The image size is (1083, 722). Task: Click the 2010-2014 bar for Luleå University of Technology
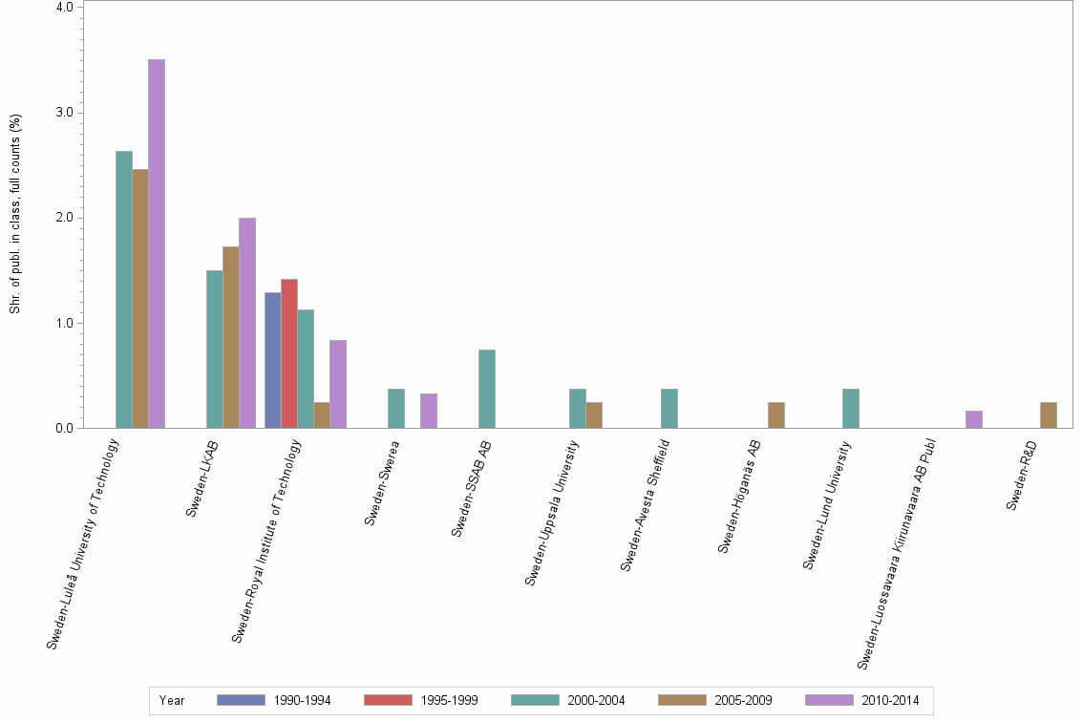pyautogui.click(x=156, y=244)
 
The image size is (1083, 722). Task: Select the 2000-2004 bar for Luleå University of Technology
pyautogui.click(x=124, y=289)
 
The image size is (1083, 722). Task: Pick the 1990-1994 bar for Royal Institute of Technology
pyautogui.click(x=273, y=360)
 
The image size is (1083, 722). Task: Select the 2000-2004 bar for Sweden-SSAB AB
pyautogui.click(x=487, y=389)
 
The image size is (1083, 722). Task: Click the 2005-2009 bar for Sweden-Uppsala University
pyautogui.click(x=594, y=415)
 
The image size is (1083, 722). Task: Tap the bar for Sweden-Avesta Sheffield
pyautogui.click(x=669, y=409)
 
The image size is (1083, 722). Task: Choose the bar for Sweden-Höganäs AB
pyautogui.click(x=776, y=415)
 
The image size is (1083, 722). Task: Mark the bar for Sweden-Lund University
pyautogui.click(x=851, y=409)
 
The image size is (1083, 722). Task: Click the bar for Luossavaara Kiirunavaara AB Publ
pyautogui.click(x=974, y=419)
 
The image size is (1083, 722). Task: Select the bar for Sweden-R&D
pyautogui.click(x=1049, y=415)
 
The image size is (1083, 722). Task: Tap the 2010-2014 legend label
pyautogui.click(x=890, y=701)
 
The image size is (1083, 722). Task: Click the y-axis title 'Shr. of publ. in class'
pyautogui.click(x=15, y=214)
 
